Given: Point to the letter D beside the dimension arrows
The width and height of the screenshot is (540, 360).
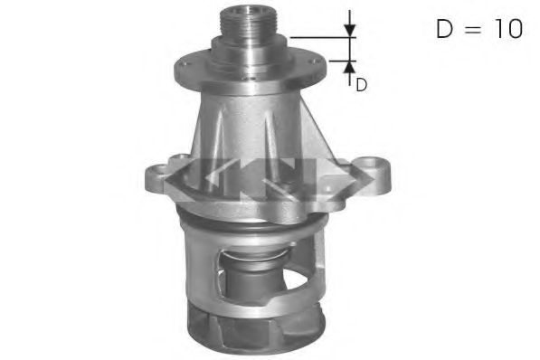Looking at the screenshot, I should pyautogui.click(x=361, y=86).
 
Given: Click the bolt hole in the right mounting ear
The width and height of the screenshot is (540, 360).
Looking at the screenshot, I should pyautogui.click(x=372, y=166).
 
